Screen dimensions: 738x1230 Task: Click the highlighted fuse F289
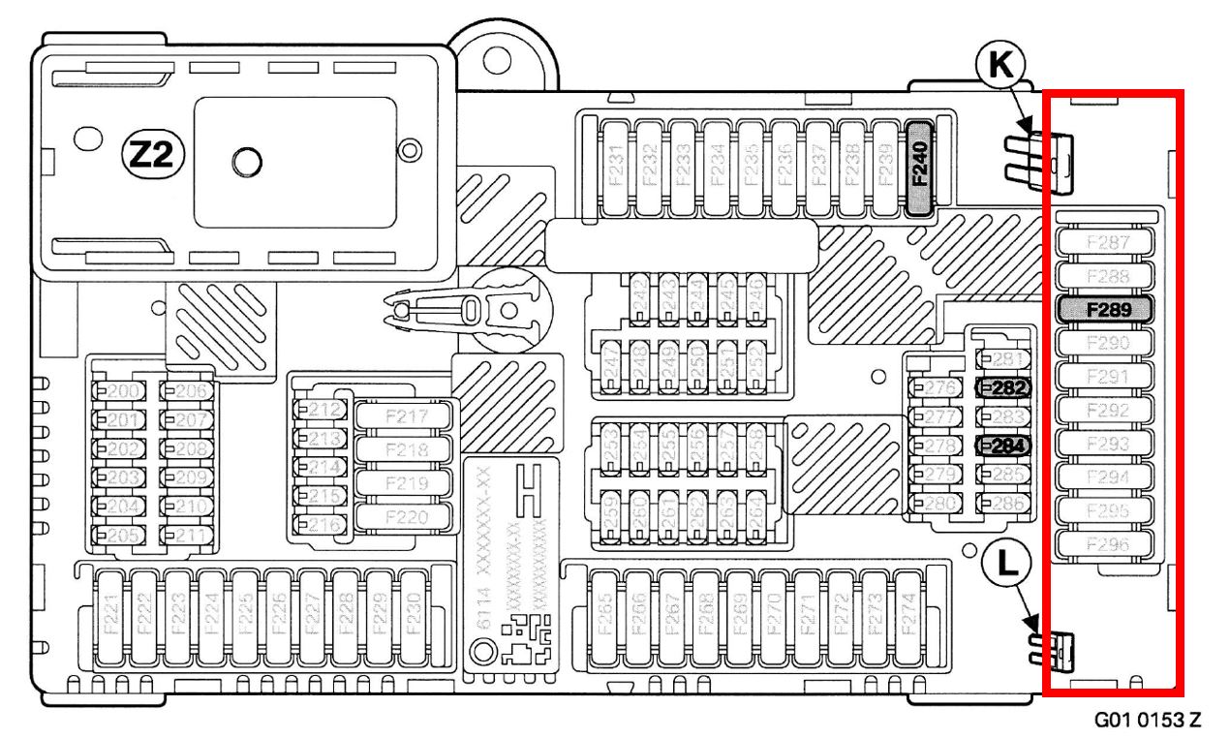pos(1105,310)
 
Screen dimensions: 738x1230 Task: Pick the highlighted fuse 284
pos(1003,446)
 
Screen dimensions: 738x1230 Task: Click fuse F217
pos(406,417)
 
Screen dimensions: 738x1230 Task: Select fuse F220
pos(406,516)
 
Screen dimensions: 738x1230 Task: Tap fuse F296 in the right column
pos(1105,544)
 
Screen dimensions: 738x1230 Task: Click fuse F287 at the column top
pos(1105,242)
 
